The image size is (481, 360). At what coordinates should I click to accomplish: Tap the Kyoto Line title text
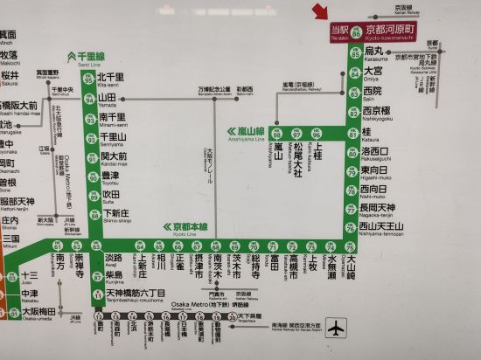(187, 225)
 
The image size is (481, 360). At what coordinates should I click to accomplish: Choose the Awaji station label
(113, 260)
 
